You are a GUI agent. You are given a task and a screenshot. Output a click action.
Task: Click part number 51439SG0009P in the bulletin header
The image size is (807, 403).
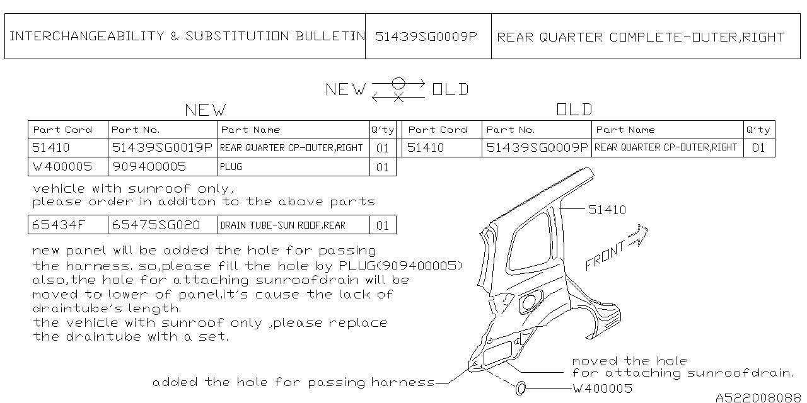426,37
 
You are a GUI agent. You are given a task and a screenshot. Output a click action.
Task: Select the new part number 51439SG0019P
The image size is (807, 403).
162,147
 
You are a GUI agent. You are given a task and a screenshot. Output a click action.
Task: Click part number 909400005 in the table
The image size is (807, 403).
149,167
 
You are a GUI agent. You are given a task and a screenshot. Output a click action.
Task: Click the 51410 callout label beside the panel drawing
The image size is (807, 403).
607,210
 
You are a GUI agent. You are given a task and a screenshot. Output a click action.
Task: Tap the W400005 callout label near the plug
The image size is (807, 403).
602,389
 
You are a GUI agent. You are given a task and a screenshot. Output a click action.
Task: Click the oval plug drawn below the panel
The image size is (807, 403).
521,389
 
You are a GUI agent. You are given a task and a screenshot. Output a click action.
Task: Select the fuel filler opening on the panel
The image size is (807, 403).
529,302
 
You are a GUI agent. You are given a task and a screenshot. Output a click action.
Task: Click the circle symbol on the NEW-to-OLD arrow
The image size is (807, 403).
398,83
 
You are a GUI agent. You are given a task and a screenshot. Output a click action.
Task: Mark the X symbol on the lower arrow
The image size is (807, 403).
398,97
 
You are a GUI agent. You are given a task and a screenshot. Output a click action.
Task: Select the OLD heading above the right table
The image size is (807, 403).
574,110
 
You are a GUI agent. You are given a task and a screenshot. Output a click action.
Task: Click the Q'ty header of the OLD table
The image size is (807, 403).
758,130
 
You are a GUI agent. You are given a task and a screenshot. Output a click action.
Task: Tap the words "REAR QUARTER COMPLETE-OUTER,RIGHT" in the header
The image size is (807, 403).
640,37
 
